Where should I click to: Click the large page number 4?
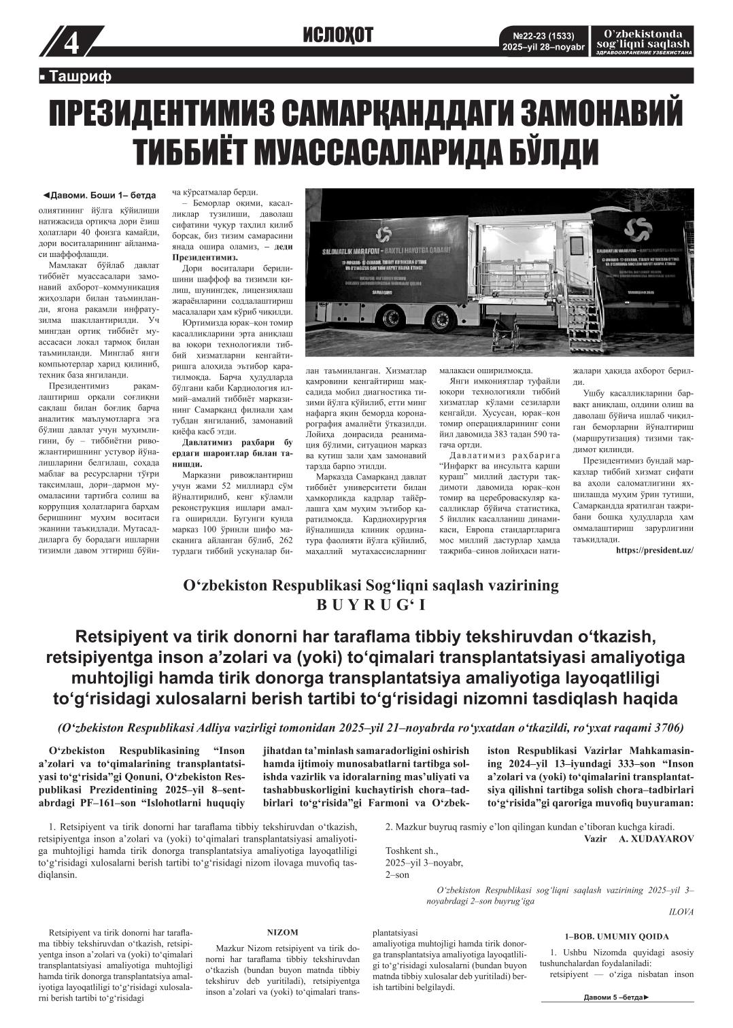[71, 44]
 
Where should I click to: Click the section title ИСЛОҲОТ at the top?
[339, 36]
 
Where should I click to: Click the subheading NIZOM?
[282, 933]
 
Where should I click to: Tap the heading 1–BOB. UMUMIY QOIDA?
[617, 936]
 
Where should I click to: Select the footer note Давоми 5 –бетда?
[616, 997]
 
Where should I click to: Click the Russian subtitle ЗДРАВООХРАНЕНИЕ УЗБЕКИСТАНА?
[643, 52]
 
